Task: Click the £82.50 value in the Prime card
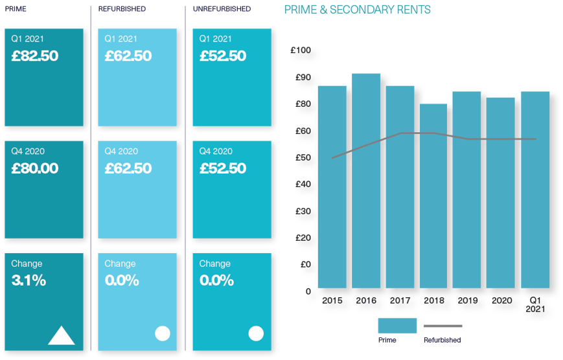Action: pyautogui.click(x=34, y=56)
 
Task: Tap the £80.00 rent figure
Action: pyautogui.click(x=34, y=169)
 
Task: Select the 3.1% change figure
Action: pyautogui.click(x=29, y=281)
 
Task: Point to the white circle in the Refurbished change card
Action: pyautogui.click(x=163, y=333)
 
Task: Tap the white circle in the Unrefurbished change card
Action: pyautogui.click(x=257, y=333)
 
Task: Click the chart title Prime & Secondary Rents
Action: pyautogui.click(x=358, y=10)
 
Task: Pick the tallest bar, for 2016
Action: pyautogui.click(x=366, y=181)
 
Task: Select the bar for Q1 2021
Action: pyautogui.click(x=535, y=190)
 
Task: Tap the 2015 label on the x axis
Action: pyautogui.click(x=332, y=300)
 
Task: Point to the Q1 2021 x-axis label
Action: pyautogui.click(x=535, y=304)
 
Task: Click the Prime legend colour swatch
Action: pyautogui.click(x=396, y=325)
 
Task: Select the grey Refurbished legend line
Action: pyautogui.click(x=443, y=326)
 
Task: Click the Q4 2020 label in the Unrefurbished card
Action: pyautogui.click(x=215, y=152)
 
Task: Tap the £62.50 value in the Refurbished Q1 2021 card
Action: pyautogui.click(x=128, y=56)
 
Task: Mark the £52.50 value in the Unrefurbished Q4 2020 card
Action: pyautogui.click(x=222, y=169)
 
